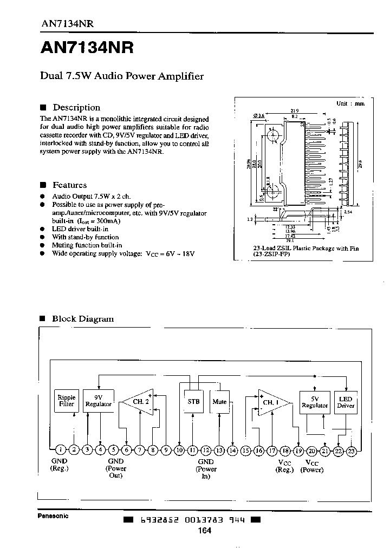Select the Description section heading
(76, 107)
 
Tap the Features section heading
(69, 185)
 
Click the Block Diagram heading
(82, 318)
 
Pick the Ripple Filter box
(66, 401)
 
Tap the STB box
(193, 402)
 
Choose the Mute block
(219, 402)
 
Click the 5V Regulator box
(314, 402)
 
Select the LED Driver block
(345, 402)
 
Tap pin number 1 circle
(61, 449)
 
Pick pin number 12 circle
(206, 449)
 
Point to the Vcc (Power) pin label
(314, 466)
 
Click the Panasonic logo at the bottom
(53, 516)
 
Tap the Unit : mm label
(350, 103)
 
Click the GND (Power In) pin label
(206, 469)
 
